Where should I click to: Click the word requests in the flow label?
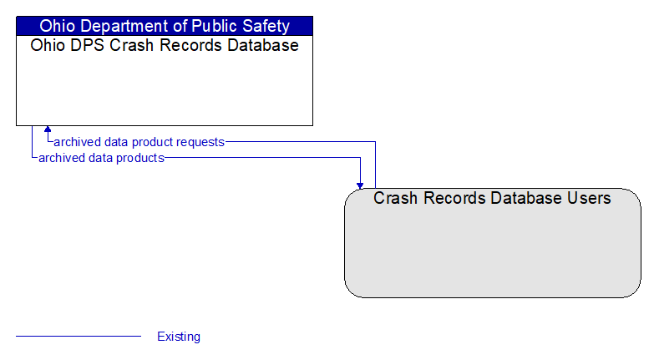click(x=200, y=142)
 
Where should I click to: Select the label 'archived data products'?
click(x=101, y=158)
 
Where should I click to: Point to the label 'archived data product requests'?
click(x=139, y=142)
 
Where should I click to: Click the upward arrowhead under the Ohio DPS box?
click(x=48, y=129)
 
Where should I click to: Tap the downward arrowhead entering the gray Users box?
click(x=360, y=185)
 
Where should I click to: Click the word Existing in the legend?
click(x=179, y=337)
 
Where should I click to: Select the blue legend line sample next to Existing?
click(x=79, y=336)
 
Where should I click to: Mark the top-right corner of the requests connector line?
click(x=375, y=142)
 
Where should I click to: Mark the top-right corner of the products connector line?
click(x=360, y=157)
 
